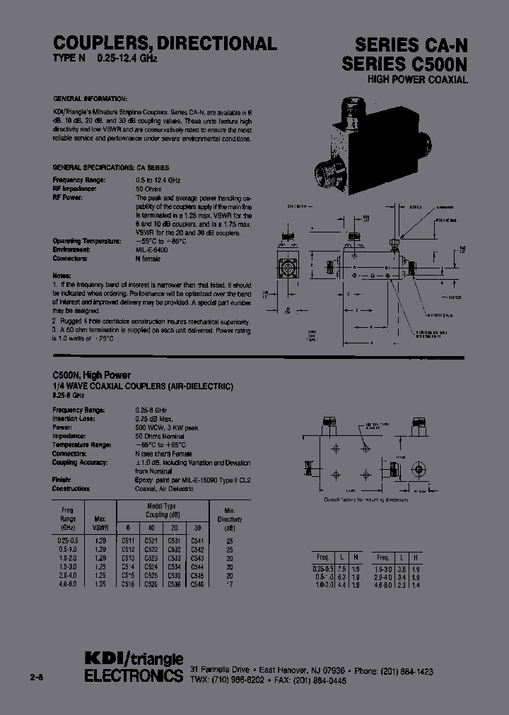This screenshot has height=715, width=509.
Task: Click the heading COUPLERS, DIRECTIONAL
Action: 165,44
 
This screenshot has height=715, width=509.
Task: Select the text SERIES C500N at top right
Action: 405,64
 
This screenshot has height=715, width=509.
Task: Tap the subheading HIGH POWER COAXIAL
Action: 418,80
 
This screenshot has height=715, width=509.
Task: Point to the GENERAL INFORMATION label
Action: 90,98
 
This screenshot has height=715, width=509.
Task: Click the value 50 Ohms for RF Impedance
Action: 148,189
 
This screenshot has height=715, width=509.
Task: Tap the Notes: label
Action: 62,274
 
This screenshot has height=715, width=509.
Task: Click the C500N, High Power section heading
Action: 92,375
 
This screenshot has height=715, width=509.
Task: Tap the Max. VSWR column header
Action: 101,524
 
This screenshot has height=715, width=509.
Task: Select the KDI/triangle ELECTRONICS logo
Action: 133,667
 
